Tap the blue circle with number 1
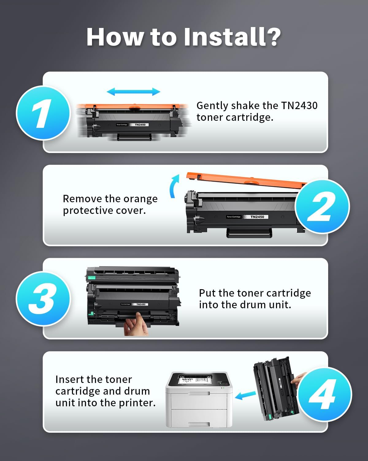pos(43,113)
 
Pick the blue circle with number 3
pos(43,298)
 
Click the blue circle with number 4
pos(324,394)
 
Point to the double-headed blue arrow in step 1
pos(133,92)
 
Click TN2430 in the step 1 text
pos(299,106)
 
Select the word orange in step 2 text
pos(140,199)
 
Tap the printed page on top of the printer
pos(194,380)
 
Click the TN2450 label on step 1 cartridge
pos(140,125)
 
